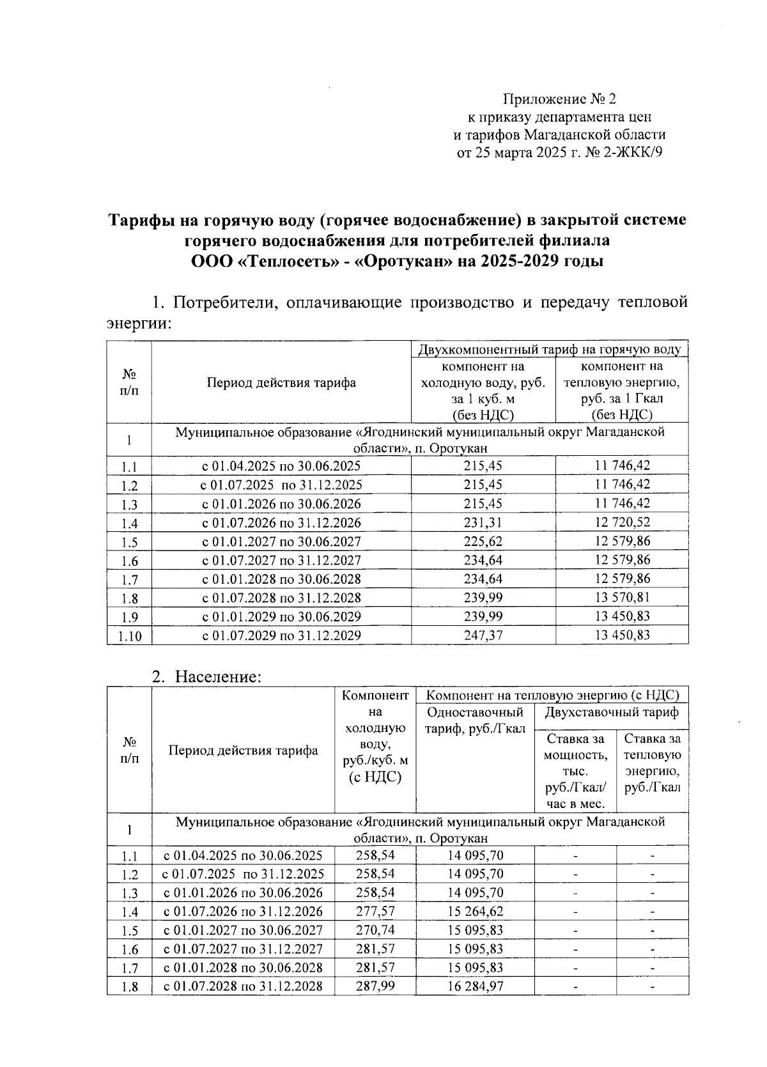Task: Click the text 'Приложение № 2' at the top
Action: click(560, 99)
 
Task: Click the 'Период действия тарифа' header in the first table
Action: click(281, 383)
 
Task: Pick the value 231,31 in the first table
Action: click(483, 522)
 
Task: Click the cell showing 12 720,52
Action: click(622, 522)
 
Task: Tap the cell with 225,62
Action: click(483, 541)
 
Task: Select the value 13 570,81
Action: click(622, 598)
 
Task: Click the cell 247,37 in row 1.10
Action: click(483, 635)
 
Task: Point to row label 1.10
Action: click(129, 636)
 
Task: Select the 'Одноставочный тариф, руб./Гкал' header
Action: click(474, 720)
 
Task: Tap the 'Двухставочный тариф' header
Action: click(611, 712)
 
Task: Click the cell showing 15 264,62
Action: click(475, 911)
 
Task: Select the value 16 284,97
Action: click(475, 986)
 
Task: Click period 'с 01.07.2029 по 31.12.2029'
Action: click(281, 635)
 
